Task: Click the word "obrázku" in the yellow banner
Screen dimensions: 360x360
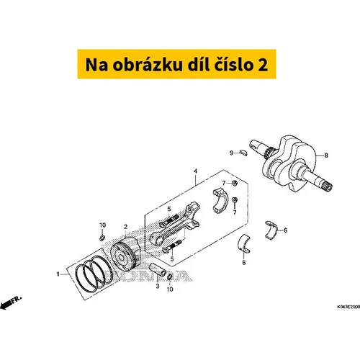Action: click(x=148, y=65)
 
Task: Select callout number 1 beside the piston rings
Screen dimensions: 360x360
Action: click(x=58, y=274)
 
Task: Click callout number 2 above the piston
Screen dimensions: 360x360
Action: click(x=125, y=227)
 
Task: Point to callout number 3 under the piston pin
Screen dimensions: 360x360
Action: click(x=158, y=286)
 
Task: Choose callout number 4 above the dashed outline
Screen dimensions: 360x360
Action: click(x=196, y=171)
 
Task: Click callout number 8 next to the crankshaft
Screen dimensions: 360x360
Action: click(x=326, y=156)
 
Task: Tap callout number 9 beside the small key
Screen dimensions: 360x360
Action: click(x=231, y=153)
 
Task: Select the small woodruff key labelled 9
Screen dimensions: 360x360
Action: click(x=243, y=153)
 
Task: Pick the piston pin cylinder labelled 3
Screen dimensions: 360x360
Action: click(x=158, y=270)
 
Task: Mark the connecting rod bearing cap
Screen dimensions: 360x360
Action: click(x=220, y=201)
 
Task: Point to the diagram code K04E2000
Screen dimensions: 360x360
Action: click(x=348, y=307)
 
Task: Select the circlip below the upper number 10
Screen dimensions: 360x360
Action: click(x=102, y=238)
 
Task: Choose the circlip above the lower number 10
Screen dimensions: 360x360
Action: click(x=169, y=277)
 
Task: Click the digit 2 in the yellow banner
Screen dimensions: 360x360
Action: click(x=263, y=65)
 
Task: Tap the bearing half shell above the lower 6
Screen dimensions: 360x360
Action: click(x=244, y=243)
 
